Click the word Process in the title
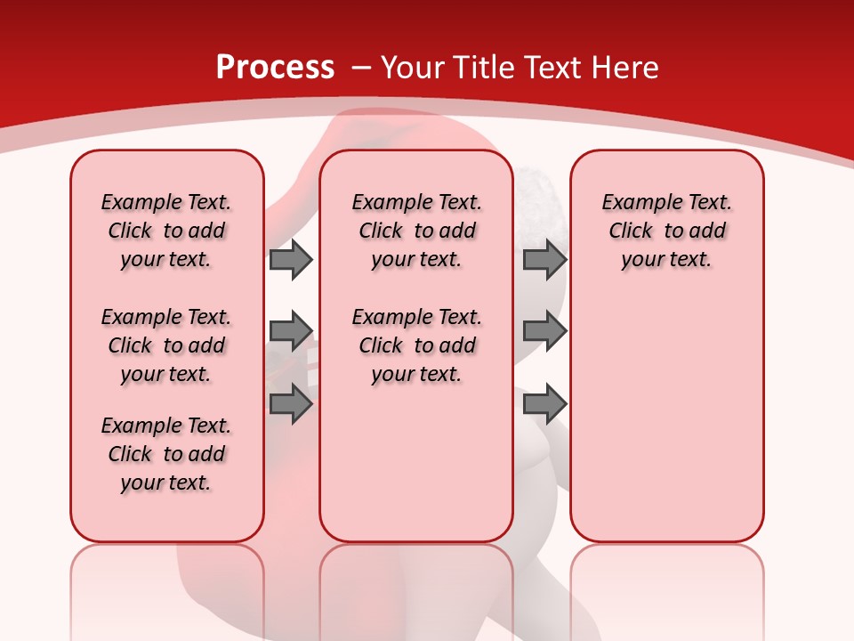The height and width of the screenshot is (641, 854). click(275, 68)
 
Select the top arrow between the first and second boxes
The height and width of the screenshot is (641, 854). click(291, 259)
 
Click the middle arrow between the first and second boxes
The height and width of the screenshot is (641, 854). click(291, 331)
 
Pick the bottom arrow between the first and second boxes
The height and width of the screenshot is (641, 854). click(291, 404)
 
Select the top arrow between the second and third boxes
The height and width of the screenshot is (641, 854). click(544, 259)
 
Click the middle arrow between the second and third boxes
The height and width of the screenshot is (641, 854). click(544, 331)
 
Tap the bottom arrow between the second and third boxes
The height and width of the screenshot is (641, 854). click(544, 404)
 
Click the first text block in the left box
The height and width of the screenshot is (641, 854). click(166, 231)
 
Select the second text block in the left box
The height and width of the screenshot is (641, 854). click(166, 345)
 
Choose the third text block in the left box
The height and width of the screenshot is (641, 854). click(166, 454)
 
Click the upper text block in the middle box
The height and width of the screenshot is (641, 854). click(416, 231)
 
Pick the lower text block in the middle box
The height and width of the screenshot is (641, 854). click(416, 345)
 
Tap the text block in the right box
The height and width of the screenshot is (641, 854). click(666, 231)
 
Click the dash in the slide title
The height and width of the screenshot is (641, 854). click(359, 68)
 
